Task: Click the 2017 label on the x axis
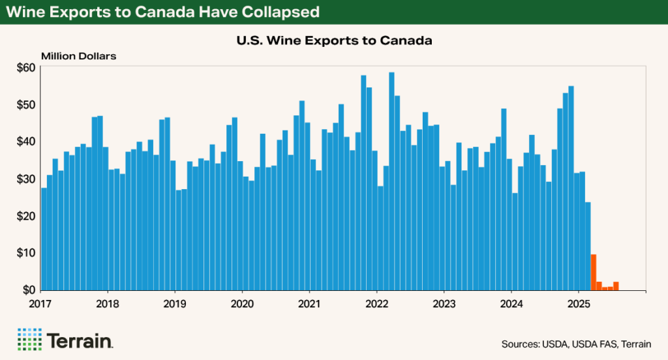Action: pos(40,303)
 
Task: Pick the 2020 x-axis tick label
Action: pos(242,303)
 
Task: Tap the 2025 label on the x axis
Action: pos(579,303)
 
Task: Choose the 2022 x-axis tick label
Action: pos(376,303)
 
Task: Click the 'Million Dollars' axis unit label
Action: pos(78,55)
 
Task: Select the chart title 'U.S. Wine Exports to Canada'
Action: pos(334,40)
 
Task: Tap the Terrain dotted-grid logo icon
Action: pos(29,340)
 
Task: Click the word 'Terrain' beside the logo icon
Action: pos(80,340)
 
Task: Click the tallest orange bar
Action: pos(594,273)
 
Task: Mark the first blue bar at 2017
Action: pos(44,239)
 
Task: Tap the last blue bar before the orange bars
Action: pos(588,246)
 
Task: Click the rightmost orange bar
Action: pos(616,286)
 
